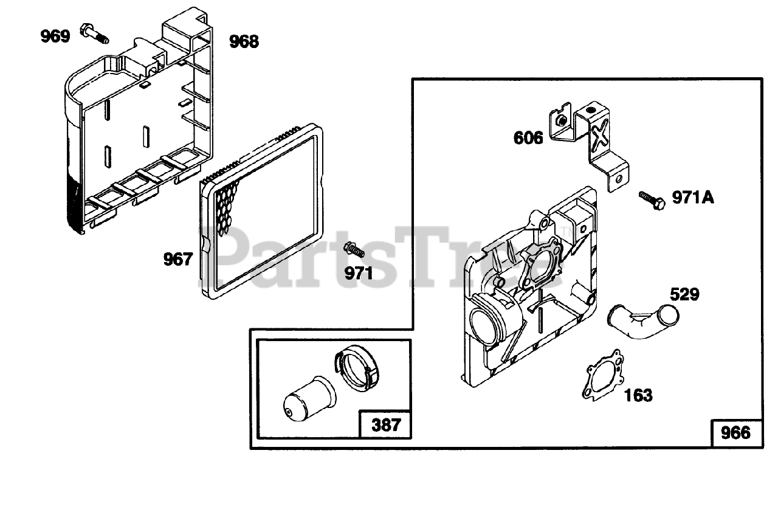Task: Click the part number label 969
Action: (55, 36)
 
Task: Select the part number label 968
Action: (243, 41)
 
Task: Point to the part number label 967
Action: (177, 260)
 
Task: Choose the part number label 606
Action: (528, 138)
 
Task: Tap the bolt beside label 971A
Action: (652, 200)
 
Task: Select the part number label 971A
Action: (693, 198)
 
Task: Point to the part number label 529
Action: (684, 296)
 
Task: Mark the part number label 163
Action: (638, 395)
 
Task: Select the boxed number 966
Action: (735, 433)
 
